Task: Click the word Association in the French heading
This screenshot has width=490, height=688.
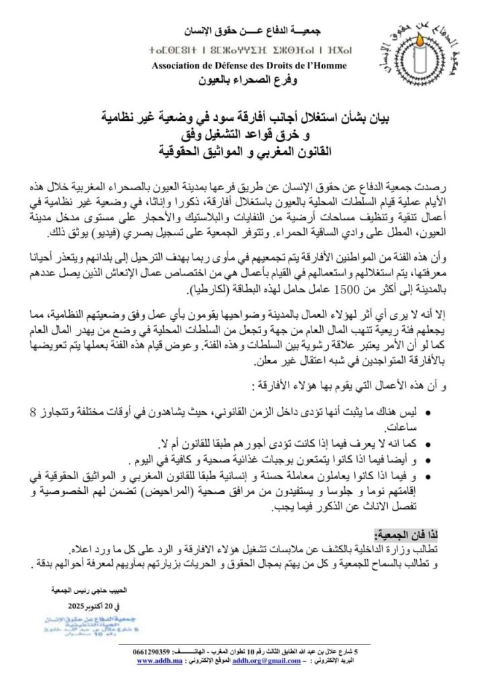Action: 177,65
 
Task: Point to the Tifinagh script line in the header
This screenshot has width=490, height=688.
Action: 250,51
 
